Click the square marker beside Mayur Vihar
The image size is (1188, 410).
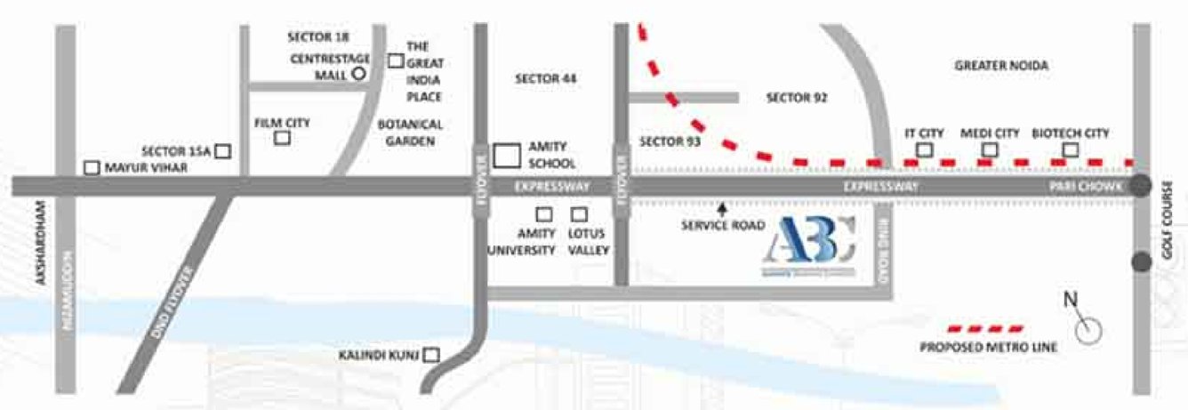[91, 167]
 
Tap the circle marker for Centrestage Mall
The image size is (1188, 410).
[359, 75]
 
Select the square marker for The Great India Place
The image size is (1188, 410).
[396, 60]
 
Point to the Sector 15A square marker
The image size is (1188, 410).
[223, 152]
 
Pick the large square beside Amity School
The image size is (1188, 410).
[507, 156]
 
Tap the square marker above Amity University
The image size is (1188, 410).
[542, 214]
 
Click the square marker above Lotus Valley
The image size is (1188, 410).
[579, 214]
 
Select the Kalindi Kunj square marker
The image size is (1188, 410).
[431, 355]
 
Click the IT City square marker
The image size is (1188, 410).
[924, 149]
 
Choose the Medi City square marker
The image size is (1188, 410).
[986, 149]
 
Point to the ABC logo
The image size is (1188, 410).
[810, 245]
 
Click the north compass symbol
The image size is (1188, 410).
[1087, 329]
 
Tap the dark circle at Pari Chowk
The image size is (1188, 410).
[1142, 187]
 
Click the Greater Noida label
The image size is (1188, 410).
[1001, 66]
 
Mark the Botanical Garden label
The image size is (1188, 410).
[410, 133]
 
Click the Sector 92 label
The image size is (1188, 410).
[797, 98]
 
